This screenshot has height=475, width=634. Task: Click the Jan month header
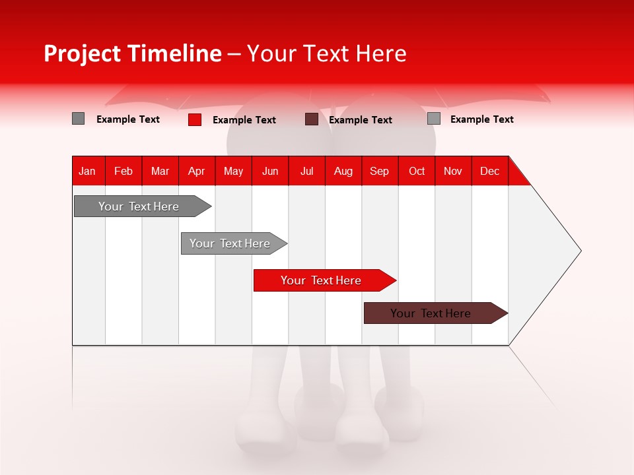click(88, 171)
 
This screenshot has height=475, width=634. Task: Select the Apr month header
click(196, 171)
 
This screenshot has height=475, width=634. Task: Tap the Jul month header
click(306, 171)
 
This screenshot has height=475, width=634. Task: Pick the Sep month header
click(379, 171)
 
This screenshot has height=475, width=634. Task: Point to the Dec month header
click(489, 171)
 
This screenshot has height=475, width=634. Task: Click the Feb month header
click(123, 171)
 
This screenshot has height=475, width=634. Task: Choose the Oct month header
click(417, 171)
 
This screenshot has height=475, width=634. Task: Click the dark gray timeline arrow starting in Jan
click(139, 206)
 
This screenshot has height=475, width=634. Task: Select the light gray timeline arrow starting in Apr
click(230, 243)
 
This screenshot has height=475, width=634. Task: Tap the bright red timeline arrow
click(321, 280)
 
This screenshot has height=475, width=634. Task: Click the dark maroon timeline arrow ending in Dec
click(431, 313)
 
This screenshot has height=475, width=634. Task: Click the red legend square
click(195, 119)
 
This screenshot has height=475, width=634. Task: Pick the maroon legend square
click(312, 119)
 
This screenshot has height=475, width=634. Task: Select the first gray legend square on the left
click(79, 119)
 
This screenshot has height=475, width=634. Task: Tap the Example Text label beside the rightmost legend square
click(481, 119)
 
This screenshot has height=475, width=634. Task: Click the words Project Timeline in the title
click(133, 53)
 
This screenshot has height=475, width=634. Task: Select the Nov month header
click(453, 171)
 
